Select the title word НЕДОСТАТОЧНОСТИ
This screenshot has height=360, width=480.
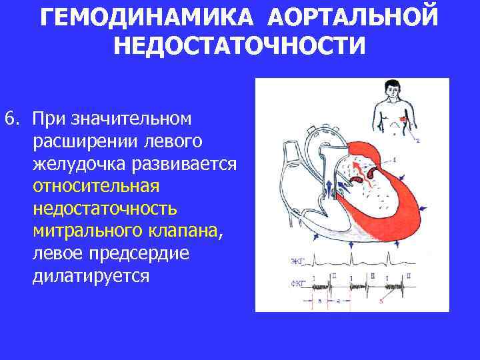coord(240,46)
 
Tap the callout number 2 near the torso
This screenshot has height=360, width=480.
coord(418,141)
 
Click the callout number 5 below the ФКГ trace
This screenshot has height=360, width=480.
coord(381,301)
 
